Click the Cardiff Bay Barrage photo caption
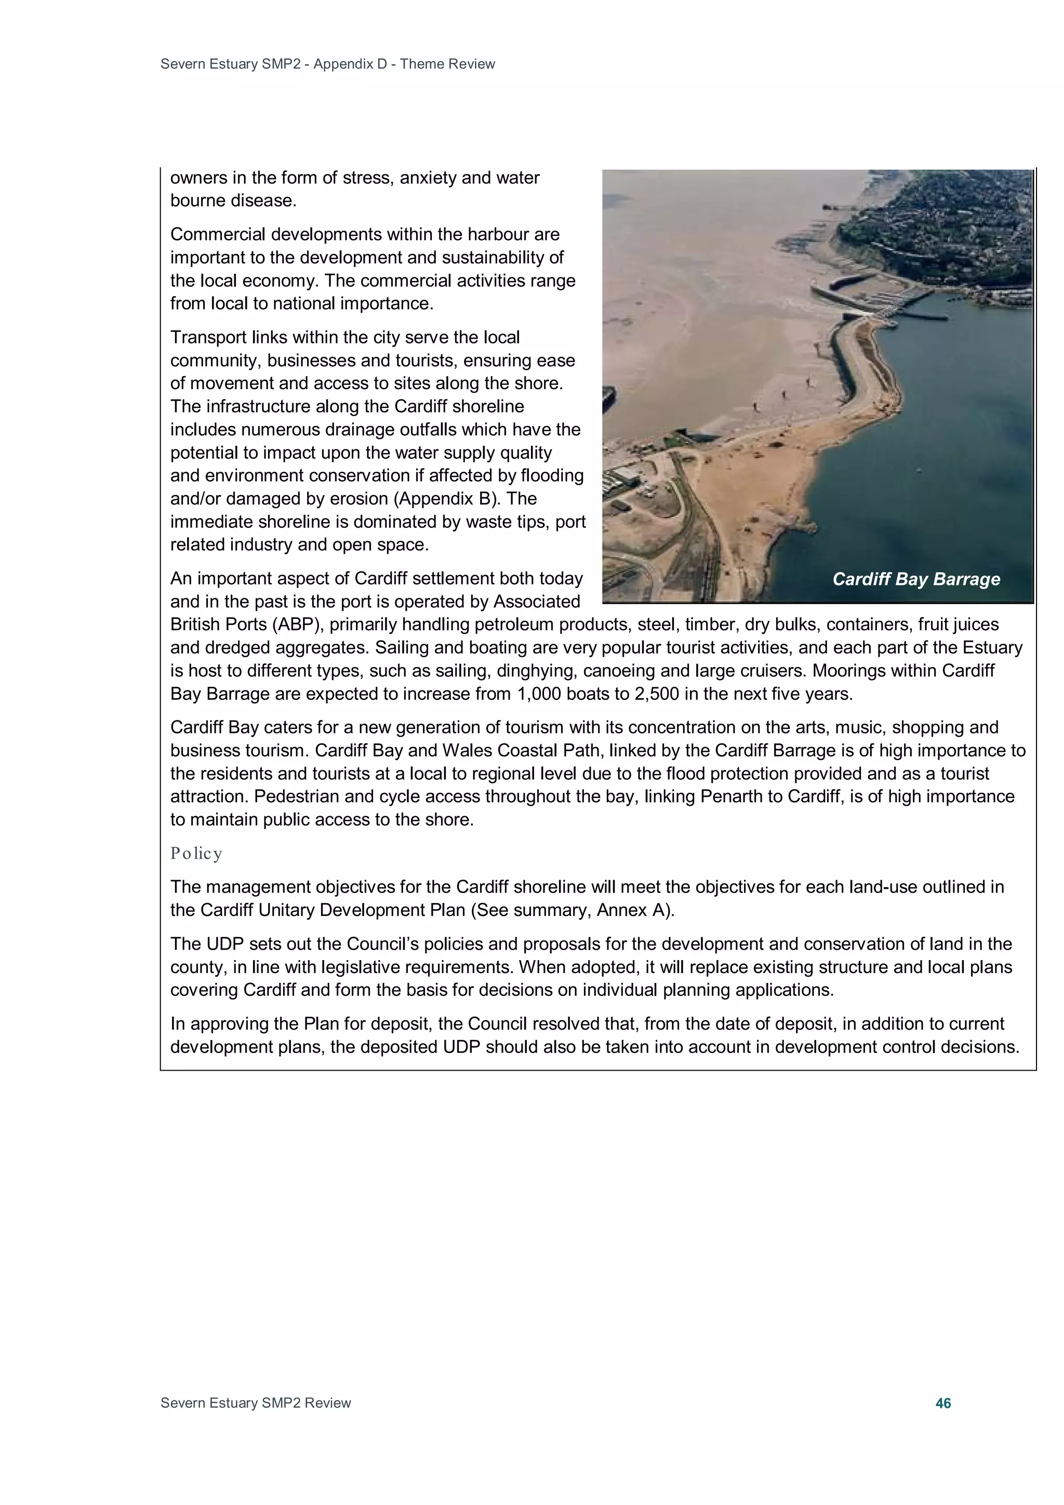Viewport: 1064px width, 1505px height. coord(915,579)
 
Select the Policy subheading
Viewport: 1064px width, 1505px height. coord(196,853)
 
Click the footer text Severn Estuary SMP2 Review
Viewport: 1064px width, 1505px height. coord(256,1403)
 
